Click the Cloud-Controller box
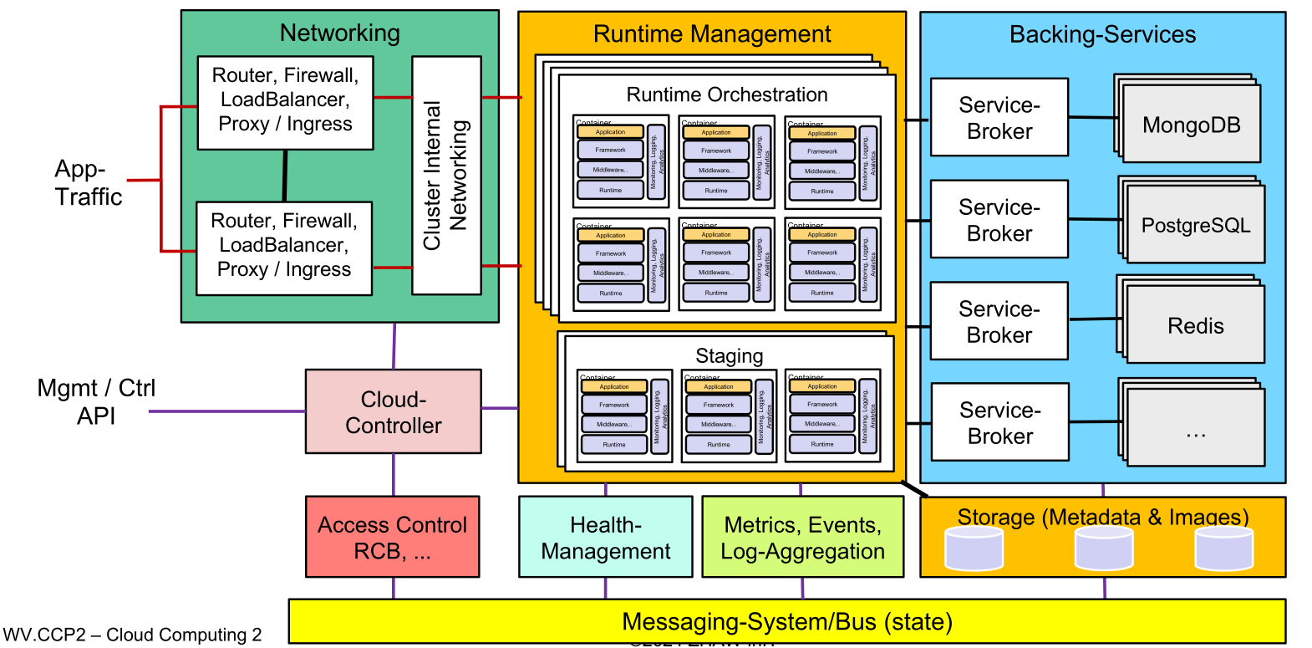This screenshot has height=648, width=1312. pyautogui.click(x=393, y=411)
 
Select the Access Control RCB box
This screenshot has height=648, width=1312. pyautogui.click(x=392, y=537)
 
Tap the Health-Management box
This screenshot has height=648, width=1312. pyautogui.click(x=605, y=537)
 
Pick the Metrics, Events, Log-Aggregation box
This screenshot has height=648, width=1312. pyautogui.click(x=802, y=537)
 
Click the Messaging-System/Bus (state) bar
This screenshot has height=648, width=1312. pyautogui.click(x=786, y=621)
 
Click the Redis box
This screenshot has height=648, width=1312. pyautogui.click(x=1195, y=325)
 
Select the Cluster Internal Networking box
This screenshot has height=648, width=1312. pyautogui.click(x=446, y=176)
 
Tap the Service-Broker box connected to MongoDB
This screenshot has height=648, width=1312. pyautogui.click(x=999, y=117)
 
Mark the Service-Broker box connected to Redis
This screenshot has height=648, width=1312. pyautogui.click(x=999, y=321)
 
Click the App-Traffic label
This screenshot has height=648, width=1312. pyautogui.click(x=88, y=182)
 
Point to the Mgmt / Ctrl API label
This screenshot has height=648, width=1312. pyautogui.click(x=96, y=401)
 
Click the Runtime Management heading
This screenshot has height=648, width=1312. pyautogui.click(x=712, y=33)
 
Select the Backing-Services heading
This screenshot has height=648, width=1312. pyautogui.click(x=1102, y=34)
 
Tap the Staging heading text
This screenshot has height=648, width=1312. pyautogui.click(x=730, y=356)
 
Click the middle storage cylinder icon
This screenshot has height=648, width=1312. pyautogui.click(x=1104, y=549)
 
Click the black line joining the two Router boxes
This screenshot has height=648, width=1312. pyautogui.click(x=285, y=176)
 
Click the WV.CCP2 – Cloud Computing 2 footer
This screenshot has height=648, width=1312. pyautogui.click(x=132, y=635)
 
